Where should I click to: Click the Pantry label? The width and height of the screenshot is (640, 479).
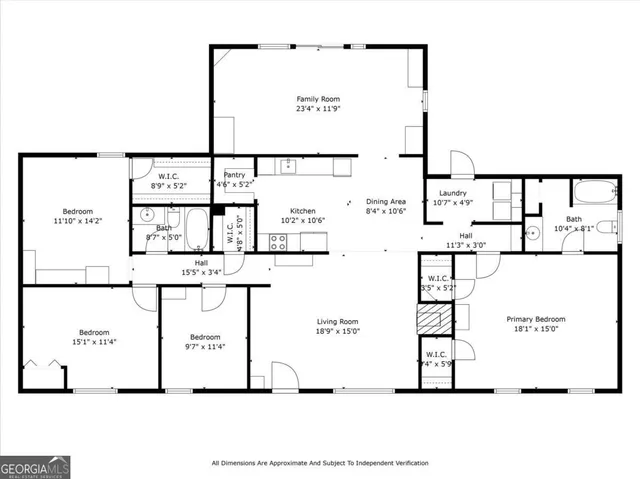point(233,174)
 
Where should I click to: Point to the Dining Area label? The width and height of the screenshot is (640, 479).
point(385,201)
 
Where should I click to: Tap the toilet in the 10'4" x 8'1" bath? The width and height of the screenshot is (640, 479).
point(605,224)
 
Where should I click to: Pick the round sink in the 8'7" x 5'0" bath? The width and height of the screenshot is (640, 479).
point(146,215)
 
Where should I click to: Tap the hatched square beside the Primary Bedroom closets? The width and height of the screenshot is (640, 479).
point(429,321)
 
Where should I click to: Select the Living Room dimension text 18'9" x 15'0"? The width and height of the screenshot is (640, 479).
point(337,331)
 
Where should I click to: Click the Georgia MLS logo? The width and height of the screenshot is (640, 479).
point(34,464)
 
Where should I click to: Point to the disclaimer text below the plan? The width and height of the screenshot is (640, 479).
point(320,463)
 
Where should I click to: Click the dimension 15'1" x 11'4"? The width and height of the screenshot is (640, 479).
point(95,342)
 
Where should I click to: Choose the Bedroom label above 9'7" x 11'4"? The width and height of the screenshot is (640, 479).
point(205,336)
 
